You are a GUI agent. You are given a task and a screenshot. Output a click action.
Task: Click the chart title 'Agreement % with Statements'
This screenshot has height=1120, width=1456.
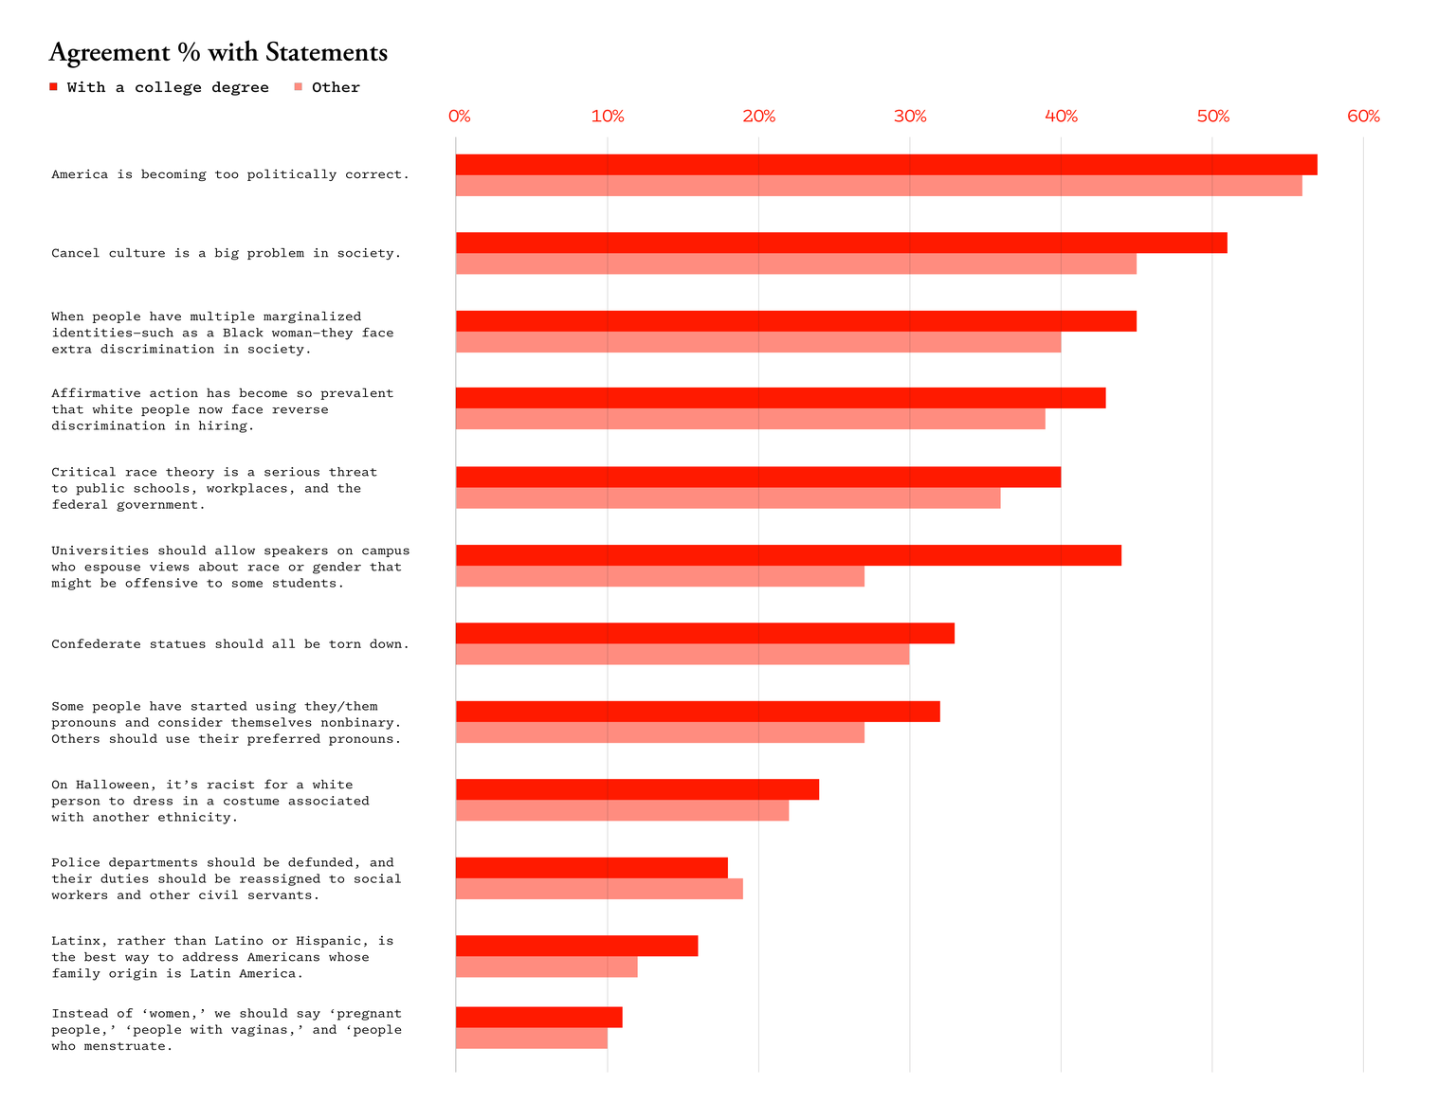pyautogui.click(x=218, y=53)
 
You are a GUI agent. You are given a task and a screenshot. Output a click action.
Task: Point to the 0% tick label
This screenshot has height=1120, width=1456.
pyautogui.click(x=459, y=117)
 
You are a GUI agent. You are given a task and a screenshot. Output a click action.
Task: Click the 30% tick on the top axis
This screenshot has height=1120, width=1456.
pyautogui.click(x=910, y=117)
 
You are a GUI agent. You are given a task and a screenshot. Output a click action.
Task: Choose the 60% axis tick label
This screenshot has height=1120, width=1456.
pyautogui.click(x=1363, y=117)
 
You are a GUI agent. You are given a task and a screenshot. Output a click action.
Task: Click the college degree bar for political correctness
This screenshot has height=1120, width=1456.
pyautogui.click(x=885, y=165)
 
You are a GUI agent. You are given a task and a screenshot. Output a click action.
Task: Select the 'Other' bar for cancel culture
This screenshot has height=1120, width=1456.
pyautogui.click(x=795, y=264)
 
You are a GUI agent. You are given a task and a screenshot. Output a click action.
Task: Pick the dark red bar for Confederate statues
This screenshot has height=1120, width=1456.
pyautogui.click(x=704, y=633)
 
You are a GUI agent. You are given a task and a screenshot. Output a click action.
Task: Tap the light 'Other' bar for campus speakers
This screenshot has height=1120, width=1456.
pyautogui.click(x=660, y=576)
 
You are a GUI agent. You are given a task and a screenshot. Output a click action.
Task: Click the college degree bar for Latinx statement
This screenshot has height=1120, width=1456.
pyautogui.click(x=576, y=946)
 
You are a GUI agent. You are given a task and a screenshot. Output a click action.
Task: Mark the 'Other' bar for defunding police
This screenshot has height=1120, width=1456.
pyautogui.click(x=599, y=889)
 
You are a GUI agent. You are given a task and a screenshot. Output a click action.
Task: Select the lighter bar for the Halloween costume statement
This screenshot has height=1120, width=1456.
pyautogui.click(x=622, y=811)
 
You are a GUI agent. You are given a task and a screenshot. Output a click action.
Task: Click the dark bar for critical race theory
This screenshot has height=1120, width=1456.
pyautogui.click(x=757, y=477)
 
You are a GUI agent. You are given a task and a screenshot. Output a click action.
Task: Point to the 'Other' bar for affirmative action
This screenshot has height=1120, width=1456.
pyautogui.click(x=750, y=419)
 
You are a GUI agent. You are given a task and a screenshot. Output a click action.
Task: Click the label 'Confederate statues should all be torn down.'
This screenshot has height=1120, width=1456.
pyautogui.click(x=230, y=644)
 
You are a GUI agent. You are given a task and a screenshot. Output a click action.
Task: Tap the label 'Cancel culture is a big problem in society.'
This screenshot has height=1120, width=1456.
pyautogui.click(x=227, y=253)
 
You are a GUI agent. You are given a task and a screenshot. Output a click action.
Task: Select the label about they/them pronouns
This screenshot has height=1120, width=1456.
pyautogui.click(x=227, y=722)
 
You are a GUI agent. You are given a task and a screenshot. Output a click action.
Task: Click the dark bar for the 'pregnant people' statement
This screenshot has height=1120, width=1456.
pyautogui.click(x=538, y=1017)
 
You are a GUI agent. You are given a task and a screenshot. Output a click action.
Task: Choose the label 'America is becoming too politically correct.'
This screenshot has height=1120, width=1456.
pyautogui.click(x=230, y=174)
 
